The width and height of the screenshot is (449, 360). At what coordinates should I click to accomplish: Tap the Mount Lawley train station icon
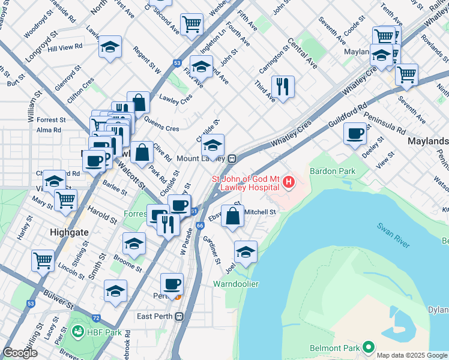pos(232,159)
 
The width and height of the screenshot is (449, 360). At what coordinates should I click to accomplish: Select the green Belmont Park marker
pos(368,347)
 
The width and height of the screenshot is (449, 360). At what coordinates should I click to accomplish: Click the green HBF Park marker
pos(77,332)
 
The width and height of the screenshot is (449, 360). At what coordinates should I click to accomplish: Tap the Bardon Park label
pos(332,171)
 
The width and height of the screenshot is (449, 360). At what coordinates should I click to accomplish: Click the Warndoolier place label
pos(236,283)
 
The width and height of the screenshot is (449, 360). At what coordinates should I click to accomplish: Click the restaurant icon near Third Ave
pos(283,86)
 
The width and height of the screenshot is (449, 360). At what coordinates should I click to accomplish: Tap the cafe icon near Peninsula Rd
pos(356,133)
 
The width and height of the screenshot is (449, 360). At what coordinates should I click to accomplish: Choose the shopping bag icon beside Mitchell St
pos(232,216)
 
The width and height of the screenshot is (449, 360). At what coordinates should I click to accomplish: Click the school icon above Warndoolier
pos(246,252)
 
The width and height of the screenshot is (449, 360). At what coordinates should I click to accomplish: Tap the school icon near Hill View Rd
pos(110,48)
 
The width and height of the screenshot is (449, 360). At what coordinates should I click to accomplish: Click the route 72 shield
pos(95,316)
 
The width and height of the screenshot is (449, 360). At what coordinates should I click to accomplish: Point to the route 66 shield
pos(200,225)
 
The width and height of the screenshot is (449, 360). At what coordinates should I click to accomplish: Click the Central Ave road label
pos(302,52)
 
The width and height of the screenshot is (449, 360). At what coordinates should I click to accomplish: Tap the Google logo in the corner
pos(20,353)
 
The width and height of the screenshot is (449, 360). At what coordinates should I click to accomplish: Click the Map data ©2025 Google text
pos(411,355)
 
